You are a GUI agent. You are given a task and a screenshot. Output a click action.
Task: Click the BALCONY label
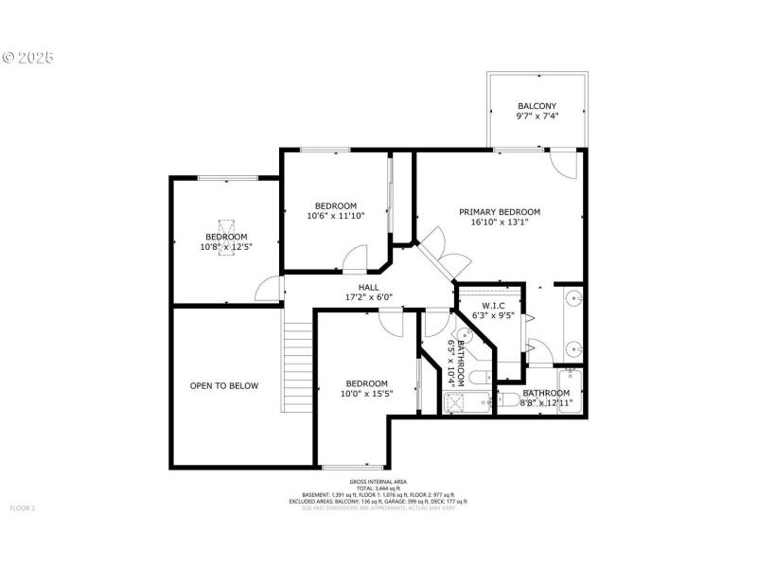click(537, 106)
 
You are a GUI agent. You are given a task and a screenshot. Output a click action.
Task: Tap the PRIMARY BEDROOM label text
click(500, 212)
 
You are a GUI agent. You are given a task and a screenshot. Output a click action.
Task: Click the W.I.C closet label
click(493, 306)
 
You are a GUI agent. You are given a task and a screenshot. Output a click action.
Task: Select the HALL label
click(368, 287)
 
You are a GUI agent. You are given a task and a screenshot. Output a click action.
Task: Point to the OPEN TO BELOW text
click(224, 386)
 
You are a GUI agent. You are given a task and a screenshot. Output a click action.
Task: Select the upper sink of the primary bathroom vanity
click(573, 301)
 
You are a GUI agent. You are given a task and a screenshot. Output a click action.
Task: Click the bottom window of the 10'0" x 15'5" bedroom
click(352, 467)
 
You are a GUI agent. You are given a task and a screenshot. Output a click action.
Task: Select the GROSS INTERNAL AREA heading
click(378, 482)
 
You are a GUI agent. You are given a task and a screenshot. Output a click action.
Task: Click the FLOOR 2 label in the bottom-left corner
click(22, 508)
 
